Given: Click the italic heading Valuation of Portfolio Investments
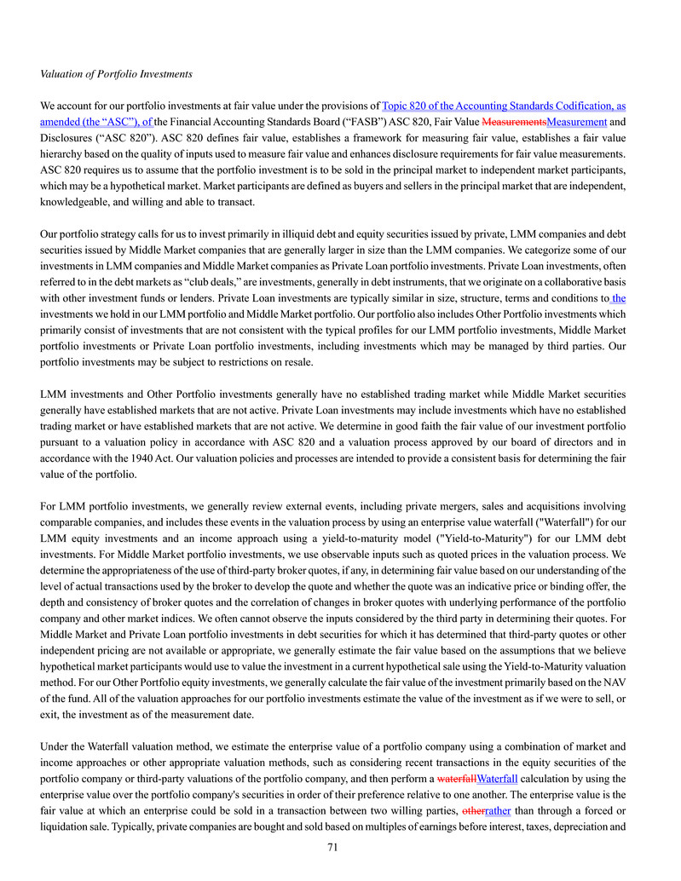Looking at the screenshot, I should tap(116, 74).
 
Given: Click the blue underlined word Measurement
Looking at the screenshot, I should tap(576, 122).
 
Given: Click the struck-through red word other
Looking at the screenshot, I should tap(472, 810).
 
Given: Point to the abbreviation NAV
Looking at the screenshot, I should tap(615, 682).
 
